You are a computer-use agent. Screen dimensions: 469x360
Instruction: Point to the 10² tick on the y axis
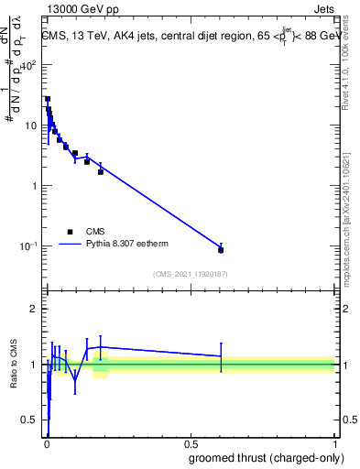point(30,65)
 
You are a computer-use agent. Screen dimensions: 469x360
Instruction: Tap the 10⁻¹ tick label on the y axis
point(30,245)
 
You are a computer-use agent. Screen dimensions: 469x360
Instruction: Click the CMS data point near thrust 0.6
point(221,249)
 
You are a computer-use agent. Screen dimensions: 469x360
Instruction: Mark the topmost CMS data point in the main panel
point(48,99)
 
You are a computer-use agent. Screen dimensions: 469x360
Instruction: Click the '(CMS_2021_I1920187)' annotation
point(190,274)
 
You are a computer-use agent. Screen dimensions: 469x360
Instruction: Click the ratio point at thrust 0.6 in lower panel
point(221,356)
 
